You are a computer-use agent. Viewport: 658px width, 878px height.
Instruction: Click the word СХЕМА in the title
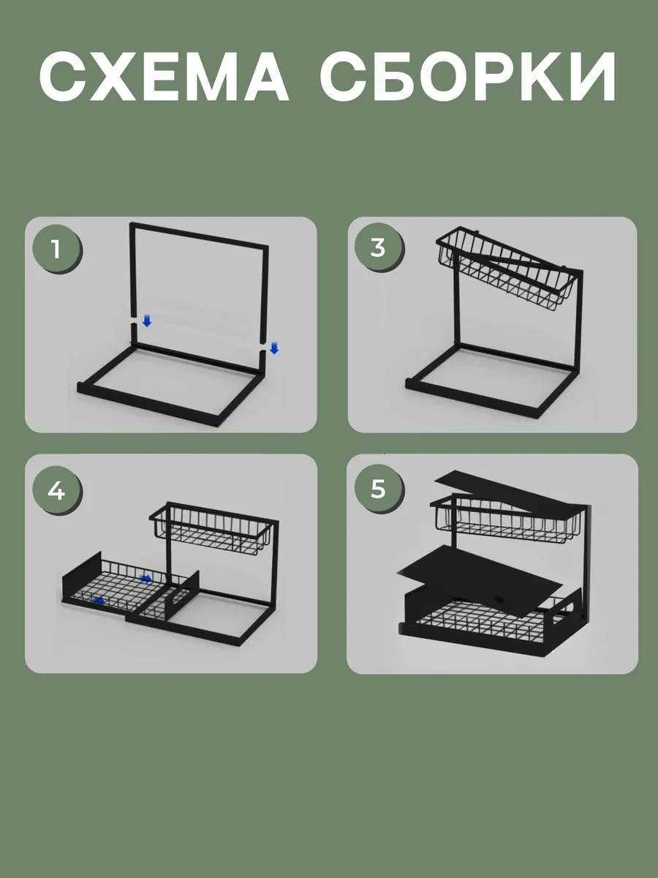point(164,76)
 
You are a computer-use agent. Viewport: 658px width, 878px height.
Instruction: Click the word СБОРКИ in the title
point(468,76)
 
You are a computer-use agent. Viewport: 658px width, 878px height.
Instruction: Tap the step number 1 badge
point(57,249)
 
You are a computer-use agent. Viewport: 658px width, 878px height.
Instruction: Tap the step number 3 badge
point(378,247)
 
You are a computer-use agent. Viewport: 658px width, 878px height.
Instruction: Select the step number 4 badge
point(57,490)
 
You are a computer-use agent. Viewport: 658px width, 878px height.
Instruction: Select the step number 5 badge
point(378,489)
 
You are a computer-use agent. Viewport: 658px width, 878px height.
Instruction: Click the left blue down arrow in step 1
point(147,320)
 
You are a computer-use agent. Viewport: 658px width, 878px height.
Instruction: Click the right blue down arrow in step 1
point(274,348)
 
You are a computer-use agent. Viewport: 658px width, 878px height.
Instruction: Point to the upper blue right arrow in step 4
point(145,578)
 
